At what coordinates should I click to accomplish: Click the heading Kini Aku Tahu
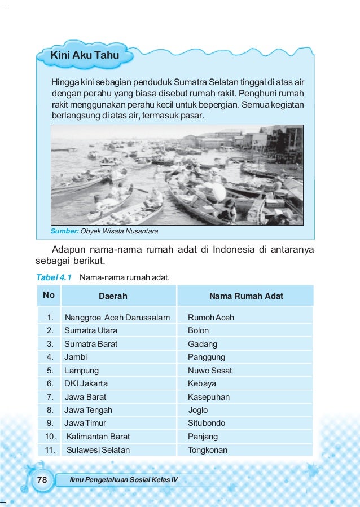tap(84, 55)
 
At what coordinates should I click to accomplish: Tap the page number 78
tap(42, 480)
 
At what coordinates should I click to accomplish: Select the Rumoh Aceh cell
tap(211, 318)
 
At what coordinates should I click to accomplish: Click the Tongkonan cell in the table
tap(208, 450)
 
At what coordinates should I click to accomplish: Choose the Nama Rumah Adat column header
tap(246, 296)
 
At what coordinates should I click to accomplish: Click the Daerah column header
tap(113, 296)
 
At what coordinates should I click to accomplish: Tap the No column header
tap(49, 295)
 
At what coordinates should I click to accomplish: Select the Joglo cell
tap(198, 410)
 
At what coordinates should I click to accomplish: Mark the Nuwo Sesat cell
tap(210, 371)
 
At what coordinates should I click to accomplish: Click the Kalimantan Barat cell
tap(98, 437)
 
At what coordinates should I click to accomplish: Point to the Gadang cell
tap(203, 344)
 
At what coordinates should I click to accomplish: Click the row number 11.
tap(50, 450)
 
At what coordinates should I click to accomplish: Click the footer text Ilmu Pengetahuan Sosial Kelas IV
tap(122, 480)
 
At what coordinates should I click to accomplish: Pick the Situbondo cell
tap(207, 423)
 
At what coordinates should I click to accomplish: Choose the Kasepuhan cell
tap(209, 397)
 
